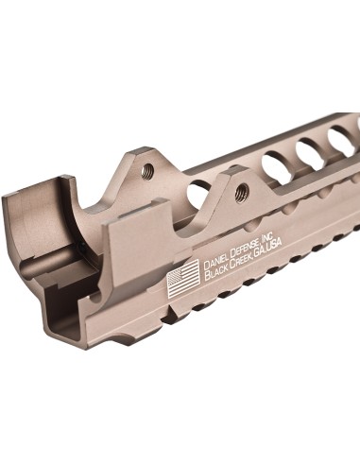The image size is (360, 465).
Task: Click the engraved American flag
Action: point(183,277)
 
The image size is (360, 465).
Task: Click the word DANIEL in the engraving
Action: point(218,260)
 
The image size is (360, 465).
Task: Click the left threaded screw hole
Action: point(147,171)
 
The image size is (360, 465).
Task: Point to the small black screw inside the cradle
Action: point(87,248)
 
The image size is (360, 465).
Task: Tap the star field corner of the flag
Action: point(176,274)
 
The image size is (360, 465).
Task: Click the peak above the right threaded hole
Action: point(236,173)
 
